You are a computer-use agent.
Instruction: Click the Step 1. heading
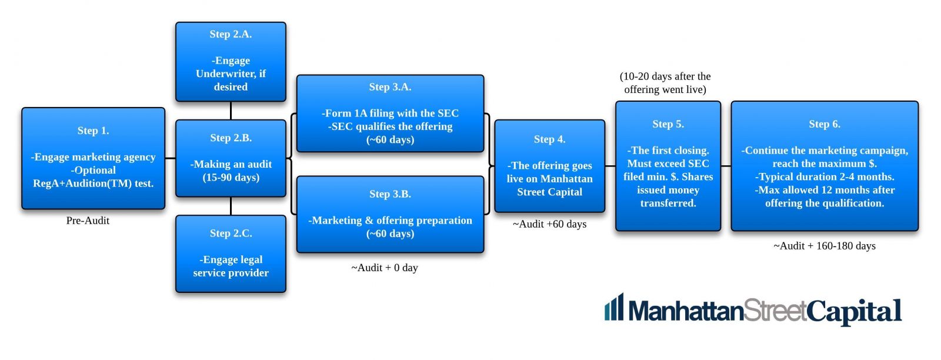click(93, 131)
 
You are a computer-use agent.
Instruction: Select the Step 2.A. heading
click(231, 34)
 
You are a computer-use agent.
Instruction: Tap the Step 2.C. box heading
click(231, 233)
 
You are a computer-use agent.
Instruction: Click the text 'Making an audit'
click(231, 164)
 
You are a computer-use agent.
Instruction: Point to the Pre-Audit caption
click(88, 221)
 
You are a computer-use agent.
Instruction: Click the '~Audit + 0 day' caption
click(385, 268)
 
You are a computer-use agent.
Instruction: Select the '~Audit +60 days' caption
click(549, 224)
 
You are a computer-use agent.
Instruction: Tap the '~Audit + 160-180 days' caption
click(824, 246)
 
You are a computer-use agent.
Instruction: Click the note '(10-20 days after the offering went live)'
click(665, 83)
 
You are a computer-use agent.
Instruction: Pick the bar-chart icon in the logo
click(614, 306)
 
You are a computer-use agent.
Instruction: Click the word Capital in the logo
click(854, 311)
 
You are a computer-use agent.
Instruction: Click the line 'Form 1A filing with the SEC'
click(391, 113)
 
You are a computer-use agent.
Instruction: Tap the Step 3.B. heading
click(390, 194)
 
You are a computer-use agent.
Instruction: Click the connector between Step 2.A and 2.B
click(231, 111)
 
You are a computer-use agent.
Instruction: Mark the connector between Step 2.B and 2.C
click(231, 206)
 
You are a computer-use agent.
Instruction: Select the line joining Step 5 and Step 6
click(726, 166)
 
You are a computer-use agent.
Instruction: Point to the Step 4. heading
click(549, 139)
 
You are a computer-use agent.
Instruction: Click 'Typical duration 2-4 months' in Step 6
click(825, 176)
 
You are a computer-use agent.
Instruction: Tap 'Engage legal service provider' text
click(231, 266)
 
